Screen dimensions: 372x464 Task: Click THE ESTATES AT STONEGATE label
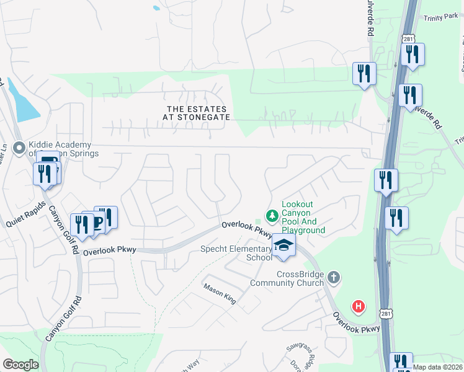pyautogui.click(x=196, y=112)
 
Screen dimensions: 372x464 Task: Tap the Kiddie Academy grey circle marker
pyautogui.click(x=19, y=148)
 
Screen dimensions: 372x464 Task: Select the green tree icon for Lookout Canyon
pyautogui.click(x=272, y=216)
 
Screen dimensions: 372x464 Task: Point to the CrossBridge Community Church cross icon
pyautogui.click(x=334, y=277)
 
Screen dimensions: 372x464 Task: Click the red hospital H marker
pyautogui.click(x=358, y=306)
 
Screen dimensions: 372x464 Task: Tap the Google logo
pyautogui.click(x=20, y=365)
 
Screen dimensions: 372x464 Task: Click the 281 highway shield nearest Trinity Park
pyautogui.click(x=408, y=39)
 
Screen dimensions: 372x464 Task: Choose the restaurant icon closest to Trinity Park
pyautogui.click(x=413, y=55)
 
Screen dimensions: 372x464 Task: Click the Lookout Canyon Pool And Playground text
pyautogui.click(x=303, y=217)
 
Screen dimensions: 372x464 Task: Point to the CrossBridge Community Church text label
pyautogui.click(x=287, y=278)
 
